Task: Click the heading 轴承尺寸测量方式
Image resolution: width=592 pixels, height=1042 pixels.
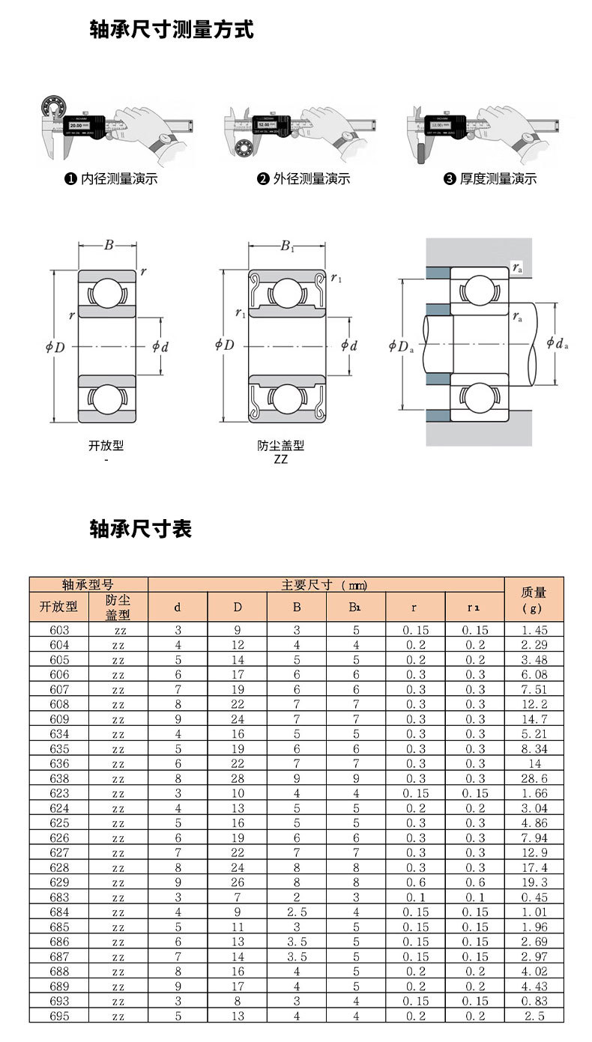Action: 172,30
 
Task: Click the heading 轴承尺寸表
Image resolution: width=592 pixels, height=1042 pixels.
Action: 141,529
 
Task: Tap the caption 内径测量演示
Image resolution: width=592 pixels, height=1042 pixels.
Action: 118,178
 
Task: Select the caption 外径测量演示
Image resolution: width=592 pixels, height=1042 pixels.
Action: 311,178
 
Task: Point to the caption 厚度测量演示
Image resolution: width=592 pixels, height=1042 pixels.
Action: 498,178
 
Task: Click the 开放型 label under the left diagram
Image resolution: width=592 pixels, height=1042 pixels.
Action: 106,446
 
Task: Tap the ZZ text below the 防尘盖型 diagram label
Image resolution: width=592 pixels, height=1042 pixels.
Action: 280,459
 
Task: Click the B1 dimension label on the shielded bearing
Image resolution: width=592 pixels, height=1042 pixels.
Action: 287,246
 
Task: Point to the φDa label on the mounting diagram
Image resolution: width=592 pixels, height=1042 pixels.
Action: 402,345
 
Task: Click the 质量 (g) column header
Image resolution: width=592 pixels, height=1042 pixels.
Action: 533,599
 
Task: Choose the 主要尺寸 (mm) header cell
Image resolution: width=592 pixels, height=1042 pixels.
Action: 324,585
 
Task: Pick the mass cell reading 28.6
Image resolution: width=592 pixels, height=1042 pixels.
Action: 534,778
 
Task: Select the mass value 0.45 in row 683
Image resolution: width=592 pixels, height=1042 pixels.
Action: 534,897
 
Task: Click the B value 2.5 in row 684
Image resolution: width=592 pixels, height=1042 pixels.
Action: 297,912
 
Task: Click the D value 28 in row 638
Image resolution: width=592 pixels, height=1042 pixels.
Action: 237,778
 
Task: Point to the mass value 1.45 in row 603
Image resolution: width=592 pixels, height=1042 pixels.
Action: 534,630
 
